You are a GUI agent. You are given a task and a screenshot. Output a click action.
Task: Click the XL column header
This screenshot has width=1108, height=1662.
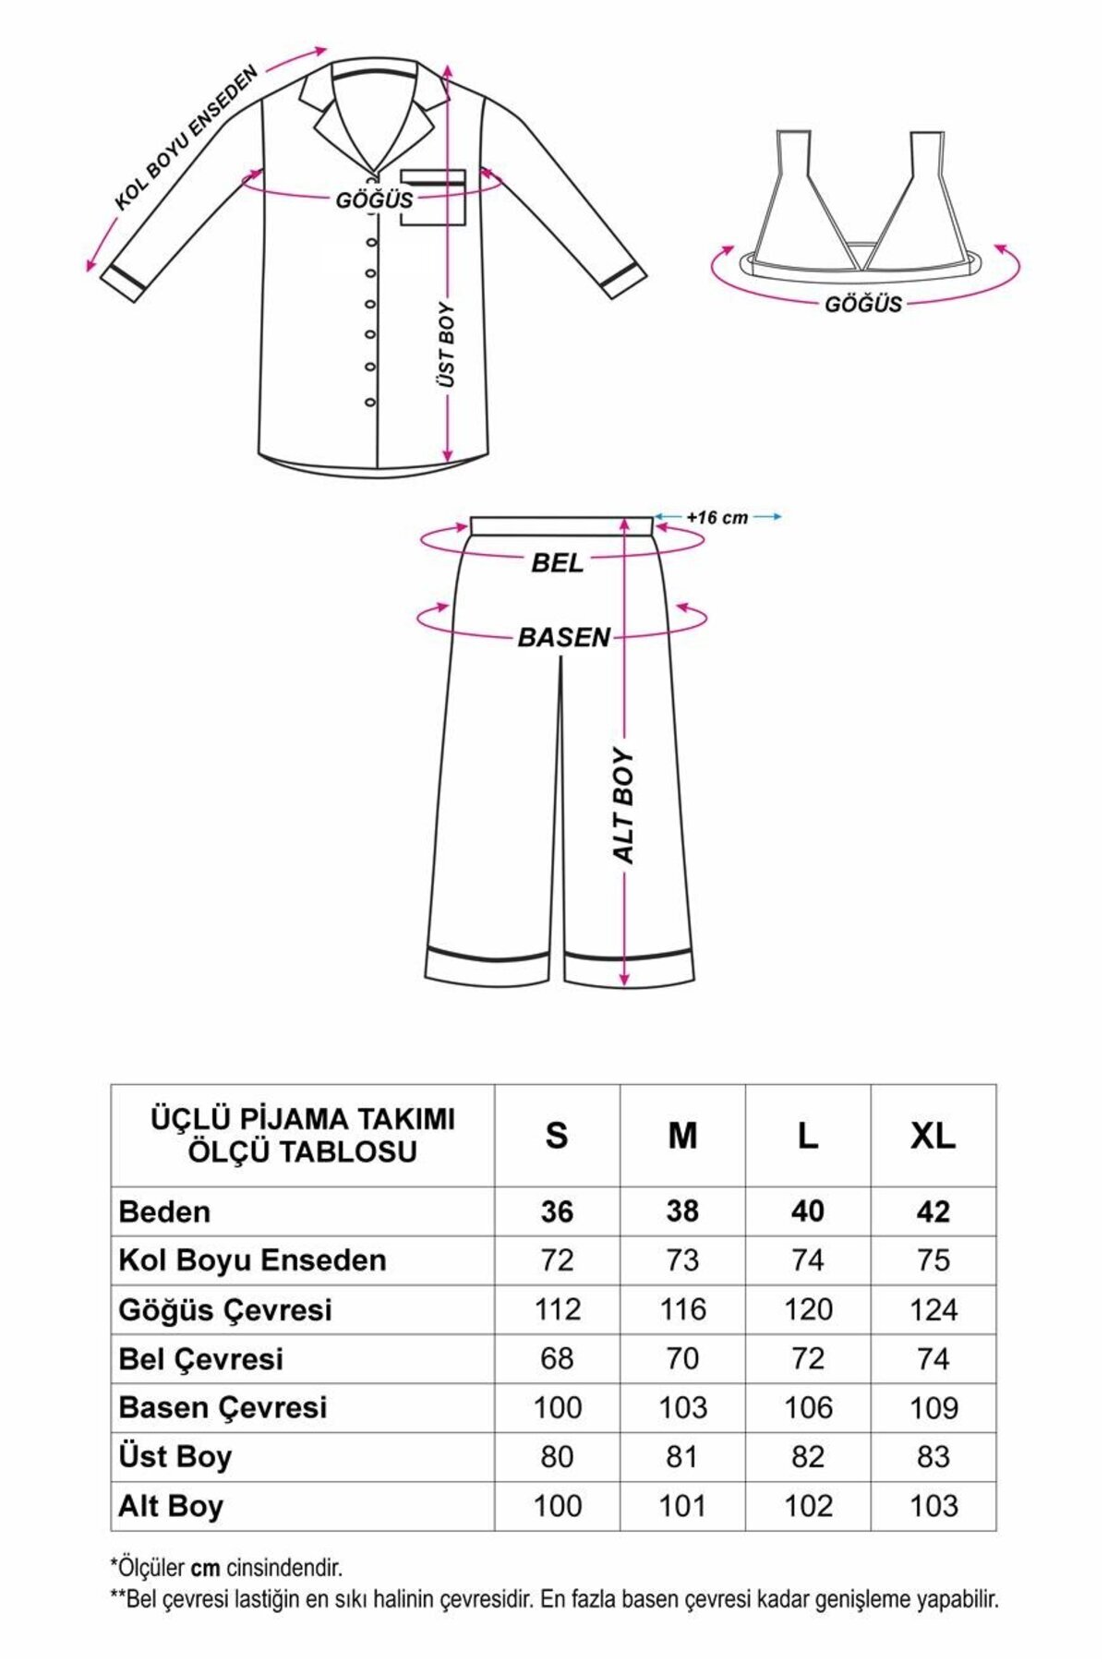click(x=933, y=1136)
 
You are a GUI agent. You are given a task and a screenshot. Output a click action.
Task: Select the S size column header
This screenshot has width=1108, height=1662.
click(x=556, y=1136)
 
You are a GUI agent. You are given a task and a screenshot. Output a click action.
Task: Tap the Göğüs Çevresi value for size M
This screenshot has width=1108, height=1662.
click(x=682, y=1309)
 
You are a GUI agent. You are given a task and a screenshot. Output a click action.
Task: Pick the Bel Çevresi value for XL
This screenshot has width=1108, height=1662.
click(x=933, y=1358)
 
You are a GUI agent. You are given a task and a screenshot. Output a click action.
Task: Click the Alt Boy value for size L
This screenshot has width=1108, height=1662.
click(x=807, y=1506)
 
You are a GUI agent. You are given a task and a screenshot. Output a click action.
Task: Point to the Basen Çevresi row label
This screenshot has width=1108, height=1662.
click(x=223, y=1407)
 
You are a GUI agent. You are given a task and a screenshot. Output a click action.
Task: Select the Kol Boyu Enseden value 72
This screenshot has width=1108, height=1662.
click(x=557, y=1260)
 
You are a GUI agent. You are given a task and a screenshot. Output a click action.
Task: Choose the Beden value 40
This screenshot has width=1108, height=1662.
click(x=807, y=1211)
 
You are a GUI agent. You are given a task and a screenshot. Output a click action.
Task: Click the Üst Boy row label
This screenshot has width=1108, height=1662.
click(x=175, y=1456)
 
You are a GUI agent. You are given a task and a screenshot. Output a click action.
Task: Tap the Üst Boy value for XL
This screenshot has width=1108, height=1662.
click(x=933, y=1456)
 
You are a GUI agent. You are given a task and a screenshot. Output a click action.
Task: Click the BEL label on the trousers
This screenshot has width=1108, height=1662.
click(x=557, y=562)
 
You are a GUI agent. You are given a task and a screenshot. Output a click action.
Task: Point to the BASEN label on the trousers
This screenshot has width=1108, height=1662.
click(x=563, y=637)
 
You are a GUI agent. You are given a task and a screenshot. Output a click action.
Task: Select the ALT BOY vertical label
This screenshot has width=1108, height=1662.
click(x=625, y=805)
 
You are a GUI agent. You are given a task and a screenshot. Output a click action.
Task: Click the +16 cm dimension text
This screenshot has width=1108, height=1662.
click(x=717, y=518)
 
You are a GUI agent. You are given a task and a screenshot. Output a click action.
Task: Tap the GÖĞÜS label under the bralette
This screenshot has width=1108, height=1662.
click(x=862, y=304)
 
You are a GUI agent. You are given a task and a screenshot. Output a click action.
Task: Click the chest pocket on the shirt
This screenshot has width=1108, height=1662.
click(x=432, y=197)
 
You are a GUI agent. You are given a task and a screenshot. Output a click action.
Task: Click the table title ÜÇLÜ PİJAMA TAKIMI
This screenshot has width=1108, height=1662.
click(x=302, y=1119)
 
